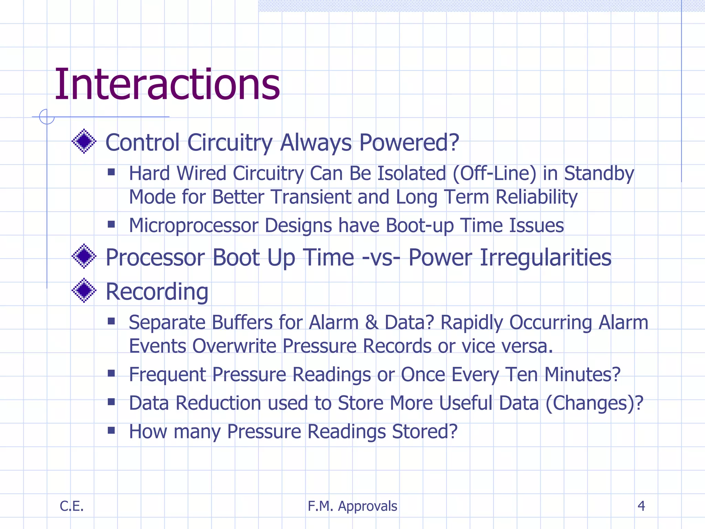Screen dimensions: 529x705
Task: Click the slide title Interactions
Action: point(167,85)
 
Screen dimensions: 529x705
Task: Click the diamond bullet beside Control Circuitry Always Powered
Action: point(84,141)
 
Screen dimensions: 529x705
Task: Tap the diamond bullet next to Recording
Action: point(84,290)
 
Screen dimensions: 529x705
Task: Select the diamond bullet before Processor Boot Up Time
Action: point(84,256)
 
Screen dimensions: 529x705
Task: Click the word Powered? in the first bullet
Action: point(409,143)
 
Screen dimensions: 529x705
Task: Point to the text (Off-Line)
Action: point(494,173)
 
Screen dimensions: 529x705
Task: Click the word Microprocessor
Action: point(193,226)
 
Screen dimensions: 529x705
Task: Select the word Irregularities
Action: point(545,258)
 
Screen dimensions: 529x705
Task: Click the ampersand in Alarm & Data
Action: point(371,323)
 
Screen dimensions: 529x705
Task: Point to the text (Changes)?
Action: point(594,403)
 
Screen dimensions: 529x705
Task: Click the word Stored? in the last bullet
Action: point(425,432)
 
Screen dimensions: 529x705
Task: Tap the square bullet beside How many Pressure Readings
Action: point(111,430)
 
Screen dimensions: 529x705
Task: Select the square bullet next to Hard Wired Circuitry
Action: point(111,172)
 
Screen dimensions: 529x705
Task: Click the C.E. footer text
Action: point(72,506)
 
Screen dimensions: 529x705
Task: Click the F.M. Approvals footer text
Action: point(352,506)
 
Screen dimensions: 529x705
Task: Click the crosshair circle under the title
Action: point(47,117)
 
